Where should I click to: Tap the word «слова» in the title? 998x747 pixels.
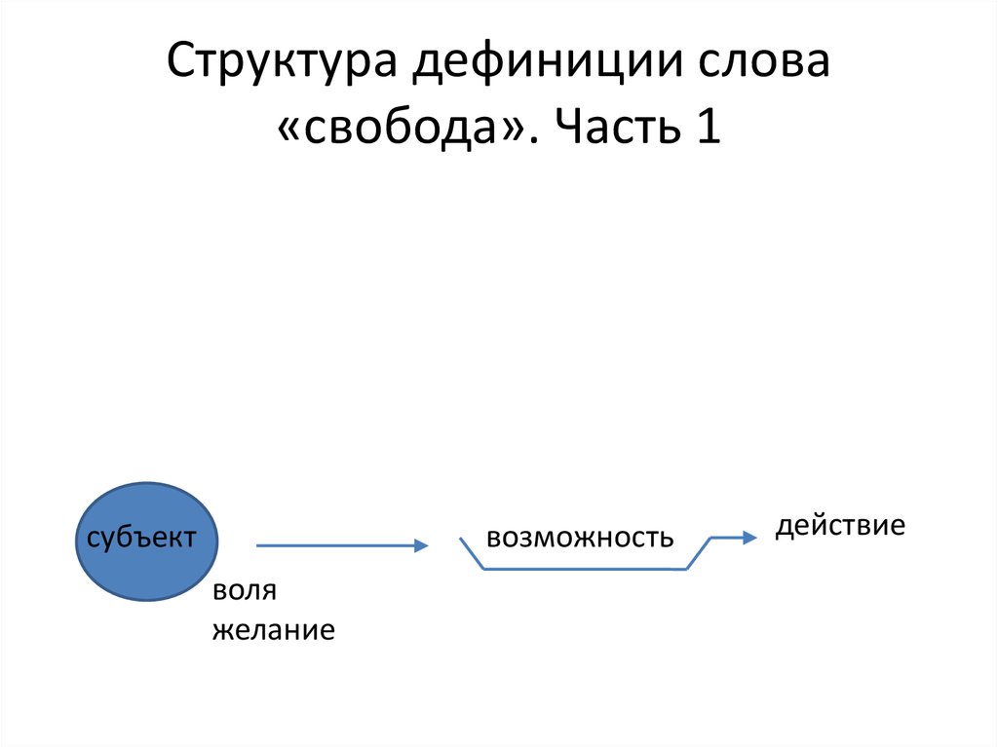click(x=764, y=61)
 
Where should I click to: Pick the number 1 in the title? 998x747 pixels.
click(x=709, y=126)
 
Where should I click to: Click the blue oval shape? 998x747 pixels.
click(x=146, y=542)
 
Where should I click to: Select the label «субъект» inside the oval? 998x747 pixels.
click(x=141, y=538)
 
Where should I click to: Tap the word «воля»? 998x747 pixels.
click(x=245, y=591)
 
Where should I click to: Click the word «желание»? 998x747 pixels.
click(x=274, y=630)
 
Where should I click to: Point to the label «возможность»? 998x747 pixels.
click(x=580, y=539)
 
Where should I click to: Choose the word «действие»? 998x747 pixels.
click(x=840, y=526)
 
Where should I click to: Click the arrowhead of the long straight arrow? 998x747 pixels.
click(x=421, y=545)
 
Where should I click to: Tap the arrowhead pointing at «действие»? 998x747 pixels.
click(x=749, y=538)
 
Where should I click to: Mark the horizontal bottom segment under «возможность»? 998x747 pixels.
click(x=585, y=569)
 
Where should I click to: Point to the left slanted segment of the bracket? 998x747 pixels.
click(x=472, y=553)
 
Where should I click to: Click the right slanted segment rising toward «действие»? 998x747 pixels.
click(x=698, y=553)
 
